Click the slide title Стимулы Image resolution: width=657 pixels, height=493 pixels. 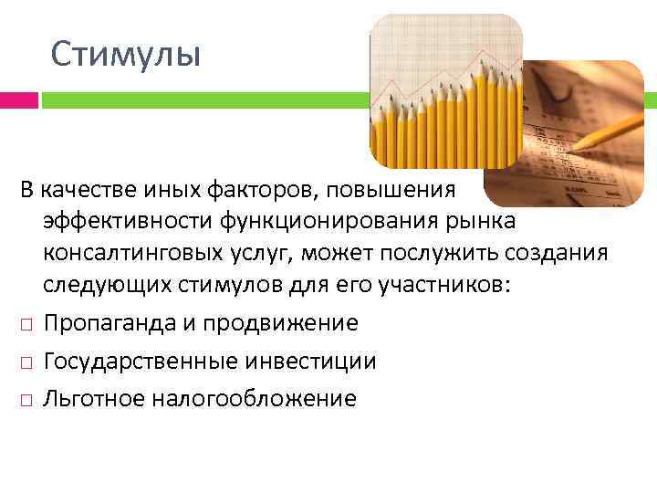click(x=125, y=54)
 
